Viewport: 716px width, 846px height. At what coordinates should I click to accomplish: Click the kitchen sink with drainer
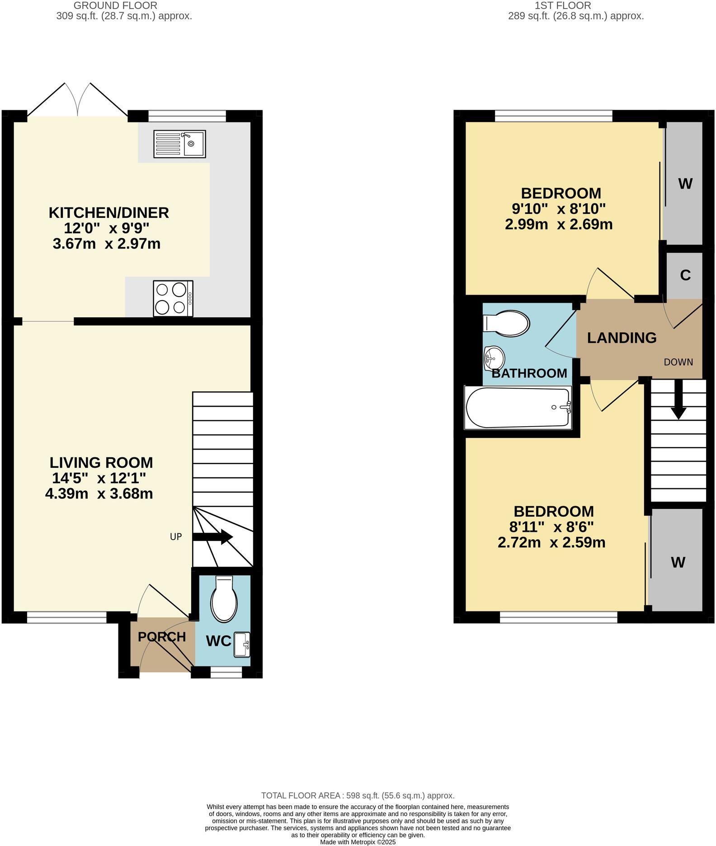point(179,144)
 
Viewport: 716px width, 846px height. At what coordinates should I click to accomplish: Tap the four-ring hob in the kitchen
point(173,298)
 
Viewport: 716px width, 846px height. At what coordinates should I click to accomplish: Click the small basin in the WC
point(241,644)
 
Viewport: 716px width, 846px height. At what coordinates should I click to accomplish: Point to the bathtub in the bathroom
point(518,407)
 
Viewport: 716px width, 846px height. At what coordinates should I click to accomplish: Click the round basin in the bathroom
point(494,358)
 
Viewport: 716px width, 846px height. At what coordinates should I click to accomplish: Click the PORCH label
point(162,637)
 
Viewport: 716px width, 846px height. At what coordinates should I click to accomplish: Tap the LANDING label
point(622,338)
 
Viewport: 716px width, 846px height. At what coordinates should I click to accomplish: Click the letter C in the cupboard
point(685,275)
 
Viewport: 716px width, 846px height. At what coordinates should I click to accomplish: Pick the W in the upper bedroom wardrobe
point(685,184)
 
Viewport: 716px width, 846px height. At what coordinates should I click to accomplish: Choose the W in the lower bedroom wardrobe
point(678,562)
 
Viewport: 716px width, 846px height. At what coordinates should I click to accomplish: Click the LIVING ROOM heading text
point(101,462)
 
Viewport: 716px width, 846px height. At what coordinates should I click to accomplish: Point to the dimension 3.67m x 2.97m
point(107,244)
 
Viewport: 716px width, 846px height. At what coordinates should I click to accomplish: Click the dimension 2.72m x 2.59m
point(551,542)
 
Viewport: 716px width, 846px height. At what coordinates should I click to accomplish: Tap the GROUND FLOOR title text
point(115,6)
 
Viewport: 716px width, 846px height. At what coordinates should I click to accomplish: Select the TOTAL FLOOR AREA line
point(358,795)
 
